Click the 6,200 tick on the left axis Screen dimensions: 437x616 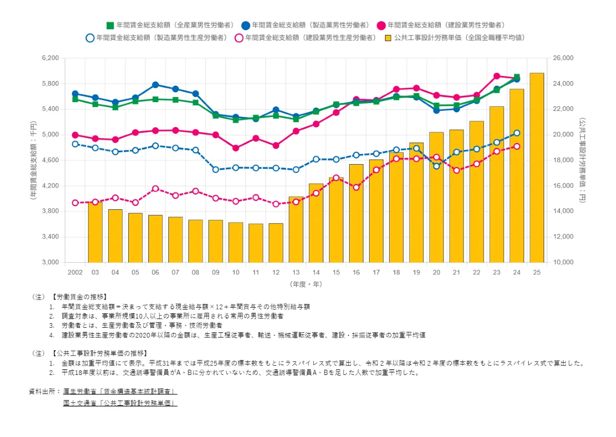(51, 58)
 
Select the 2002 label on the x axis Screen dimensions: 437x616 (75, 272)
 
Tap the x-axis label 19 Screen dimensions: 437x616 (416, 272)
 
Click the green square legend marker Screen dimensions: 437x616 (110, 25)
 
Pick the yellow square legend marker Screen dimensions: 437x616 (389, 37)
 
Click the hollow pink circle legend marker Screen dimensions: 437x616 (239, 37)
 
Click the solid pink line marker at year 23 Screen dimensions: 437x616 (496, 76)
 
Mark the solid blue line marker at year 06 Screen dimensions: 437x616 (156, 85)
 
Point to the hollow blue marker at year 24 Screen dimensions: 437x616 (516, 133)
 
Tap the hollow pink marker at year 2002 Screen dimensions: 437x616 (75, 203)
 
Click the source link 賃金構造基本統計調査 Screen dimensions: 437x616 (120, 391)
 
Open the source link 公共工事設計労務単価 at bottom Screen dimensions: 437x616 (120, 403)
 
